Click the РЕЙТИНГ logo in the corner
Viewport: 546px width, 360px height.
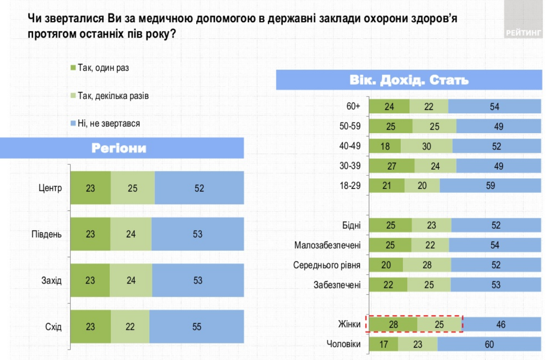pyautogui.click(x=523, y=33)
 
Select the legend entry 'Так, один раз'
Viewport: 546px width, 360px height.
pyautogui.click(x=103, y=68)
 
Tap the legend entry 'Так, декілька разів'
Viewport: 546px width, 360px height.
pyautogui.click(x=112, y=96)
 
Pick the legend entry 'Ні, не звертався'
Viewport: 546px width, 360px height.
pyautogui.click(x=108, y=123)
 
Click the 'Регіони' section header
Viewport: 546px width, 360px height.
pyautogui.click(x=119, y=148)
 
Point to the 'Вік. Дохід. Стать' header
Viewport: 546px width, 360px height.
pyautogui.click(x=409, y=80)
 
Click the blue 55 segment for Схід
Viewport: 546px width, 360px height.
pyautogui.click(x=197, y=326)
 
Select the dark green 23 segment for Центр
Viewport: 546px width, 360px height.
pyautogui.click(x=90, y=188)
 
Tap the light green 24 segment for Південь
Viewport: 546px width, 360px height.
pyautogui.click(x=131, y=234)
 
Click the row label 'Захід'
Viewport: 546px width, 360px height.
pyautogui.click(x=51, y=280)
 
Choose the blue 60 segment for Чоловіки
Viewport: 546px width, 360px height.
pyautogui.click(x=489, y=344)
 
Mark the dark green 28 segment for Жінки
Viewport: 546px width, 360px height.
pyautogui.click(x=393, y=324)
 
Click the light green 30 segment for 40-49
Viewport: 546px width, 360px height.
pyautogui.click(x=426, y=146)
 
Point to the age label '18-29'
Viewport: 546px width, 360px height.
pyautogui.click(x=350, y=185)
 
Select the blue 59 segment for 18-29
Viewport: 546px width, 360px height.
pyautogui.click(x=490, y=185)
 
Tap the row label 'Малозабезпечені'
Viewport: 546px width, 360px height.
pyautogui.click(x=327, y=245)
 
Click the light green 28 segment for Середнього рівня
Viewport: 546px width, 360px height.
pyautogui.click(x=427, y=265)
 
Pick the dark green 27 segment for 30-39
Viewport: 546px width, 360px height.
pyautogui.click(x=392, y=166)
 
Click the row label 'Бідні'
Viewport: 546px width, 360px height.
pyautogui.click(x=351, y=225)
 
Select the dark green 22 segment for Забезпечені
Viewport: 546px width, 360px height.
pyautogui.click(x=388, y=285)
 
